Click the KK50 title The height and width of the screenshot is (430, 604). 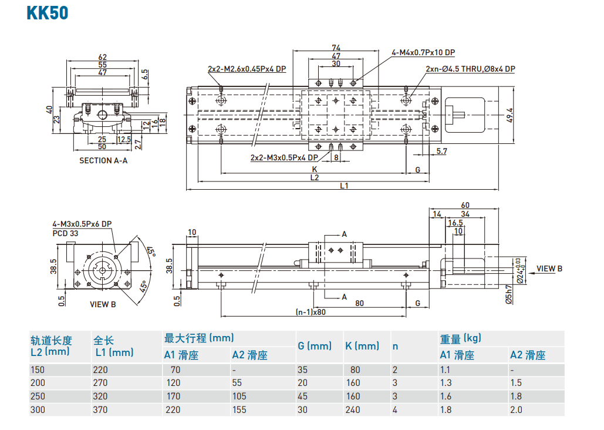click(x=48, y=13)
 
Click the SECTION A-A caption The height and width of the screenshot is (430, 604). click(x=103, y=160)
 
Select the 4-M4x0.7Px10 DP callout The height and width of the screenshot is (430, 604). click(x=423, y=53)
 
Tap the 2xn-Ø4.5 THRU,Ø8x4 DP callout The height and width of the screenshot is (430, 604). click(x=470, y=69)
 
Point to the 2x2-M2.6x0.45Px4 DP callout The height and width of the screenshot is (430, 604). click(x=247, y=69)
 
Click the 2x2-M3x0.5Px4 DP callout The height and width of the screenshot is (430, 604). click(x=284, y=157)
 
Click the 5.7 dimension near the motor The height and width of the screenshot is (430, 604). click(x=442, y=152)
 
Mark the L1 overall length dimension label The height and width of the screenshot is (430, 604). click(x=344, y=186)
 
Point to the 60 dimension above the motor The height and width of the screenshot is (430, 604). click(x=465, y=205)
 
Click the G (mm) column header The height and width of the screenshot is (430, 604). click(x=315, y=346)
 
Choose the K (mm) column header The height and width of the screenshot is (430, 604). click(x=362, y=346)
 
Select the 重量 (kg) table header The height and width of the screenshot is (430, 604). click(x=460, y=338)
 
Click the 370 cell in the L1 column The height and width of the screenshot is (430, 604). click(x=101, y=410)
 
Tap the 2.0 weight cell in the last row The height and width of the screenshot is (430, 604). click(x=516, y=410)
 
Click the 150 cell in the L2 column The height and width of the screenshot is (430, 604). click(x=38, y=370)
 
